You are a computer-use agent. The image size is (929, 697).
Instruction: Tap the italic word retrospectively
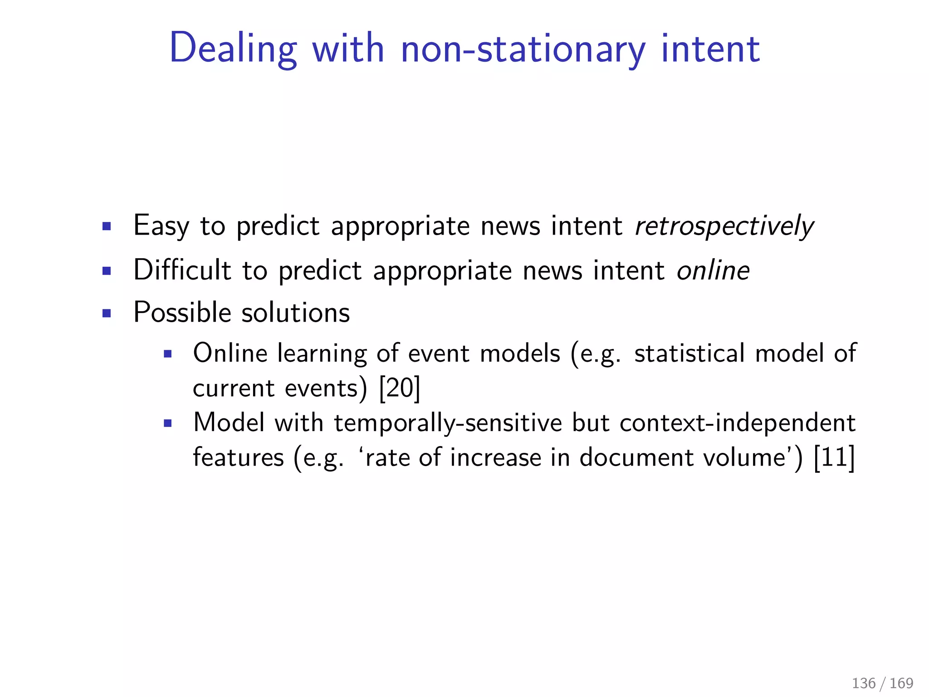tap(724, 226)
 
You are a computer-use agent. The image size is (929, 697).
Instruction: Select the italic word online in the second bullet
tap(713, 270)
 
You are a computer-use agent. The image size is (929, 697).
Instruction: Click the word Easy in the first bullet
tap(161, 226)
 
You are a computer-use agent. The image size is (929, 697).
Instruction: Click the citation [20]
tap(400, 388)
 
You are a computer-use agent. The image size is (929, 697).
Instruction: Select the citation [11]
tap(834, 457)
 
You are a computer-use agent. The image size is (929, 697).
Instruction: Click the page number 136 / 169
tap(882, 683)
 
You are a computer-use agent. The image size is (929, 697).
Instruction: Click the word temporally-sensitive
tap(448, 423)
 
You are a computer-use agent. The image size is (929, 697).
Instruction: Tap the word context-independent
tap(737, 423)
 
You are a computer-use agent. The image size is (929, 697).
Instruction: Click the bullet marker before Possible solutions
tap(107, 313)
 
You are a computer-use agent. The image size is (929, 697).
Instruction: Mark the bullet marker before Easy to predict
tap(107, 226)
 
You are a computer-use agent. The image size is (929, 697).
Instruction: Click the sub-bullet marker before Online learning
tap(168, 354)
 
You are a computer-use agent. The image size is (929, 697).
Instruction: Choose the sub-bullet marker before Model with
tap(168, 424)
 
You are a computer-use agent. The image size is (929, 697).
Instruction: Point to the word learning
tap(322, 354)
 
